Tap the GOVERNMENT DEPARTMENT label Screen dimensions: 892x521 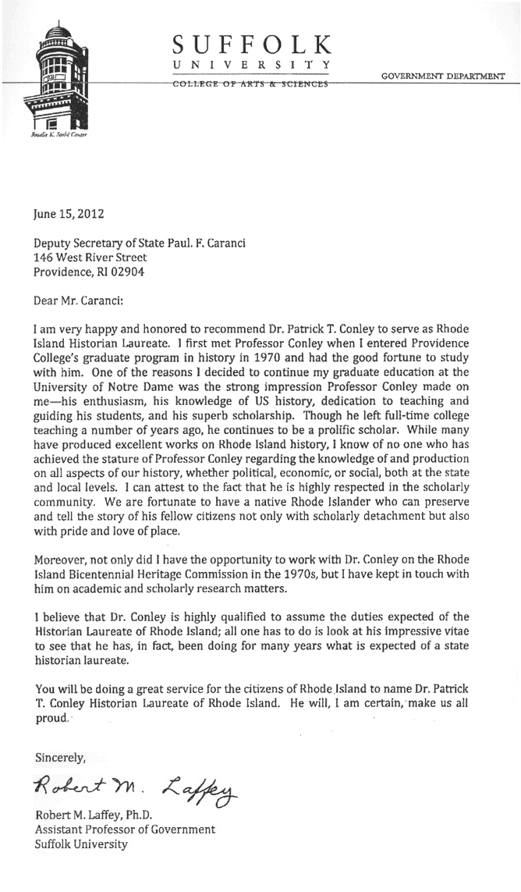(x=442, y=76)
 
